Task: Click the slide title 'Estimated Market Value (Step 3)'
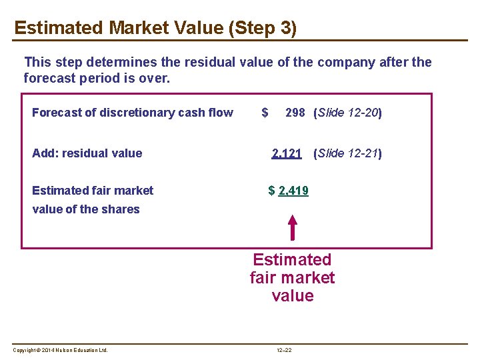155,28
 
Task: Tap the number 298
295,113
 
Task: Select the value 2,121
287,153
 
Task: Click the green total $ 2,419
288,191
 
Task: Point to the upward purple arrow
292,227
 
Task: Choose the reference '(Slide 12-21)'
347,153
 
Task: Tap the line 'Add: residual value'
87,153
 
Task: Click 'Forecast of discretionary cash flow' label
132,113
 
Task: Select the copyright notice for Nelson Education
60,350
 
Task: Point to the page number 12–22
285,350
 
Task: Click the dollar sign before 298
265,113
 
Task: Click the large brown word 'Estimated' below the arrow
292,259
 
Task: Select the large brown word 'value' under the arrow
292,295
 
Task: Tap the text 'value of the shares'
85,209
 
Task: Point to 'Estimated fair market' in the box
92,191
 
